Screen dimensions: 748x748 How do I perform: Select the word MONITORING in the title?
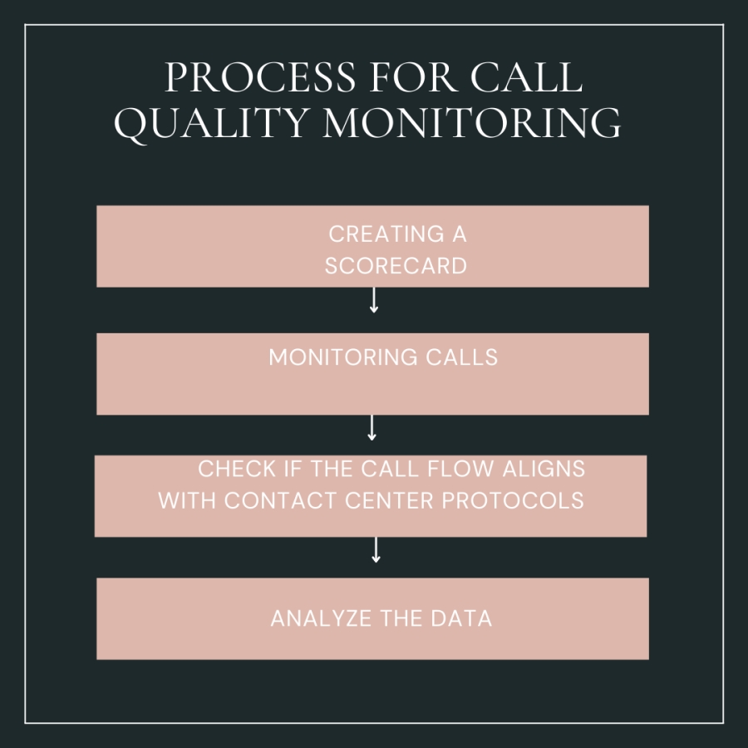point(471,125)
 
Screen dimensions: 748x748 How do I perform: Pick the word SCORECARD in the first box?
point(396,266)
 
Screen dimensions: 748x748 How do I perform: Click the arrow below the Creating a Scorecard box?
point(374,300)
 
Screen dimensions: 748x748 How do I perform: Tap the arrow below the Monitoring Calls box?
point(372,427)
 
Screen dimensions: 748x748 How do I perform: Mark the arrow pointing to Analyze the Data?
point(376,550)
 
